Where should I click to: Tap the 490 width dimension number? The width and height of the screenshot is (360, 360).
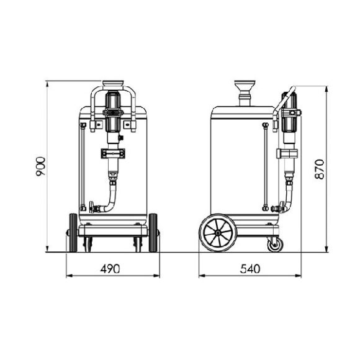(x=110, y=268)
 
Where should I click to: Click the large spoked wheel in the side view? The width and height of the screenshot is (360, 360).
(x=218, y=235)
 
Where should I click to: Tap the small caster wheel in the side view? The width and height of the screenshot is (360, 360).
(x=273, y=245)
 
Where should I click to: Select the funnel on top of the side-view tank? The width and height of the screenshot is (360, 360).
(x=241, y=87)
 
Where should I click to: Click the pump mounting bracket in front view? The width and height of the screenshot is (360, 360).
(x=111, y=153)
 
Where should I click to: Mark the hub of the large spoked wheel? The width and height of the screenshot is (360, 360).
(x=218, y=235)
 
